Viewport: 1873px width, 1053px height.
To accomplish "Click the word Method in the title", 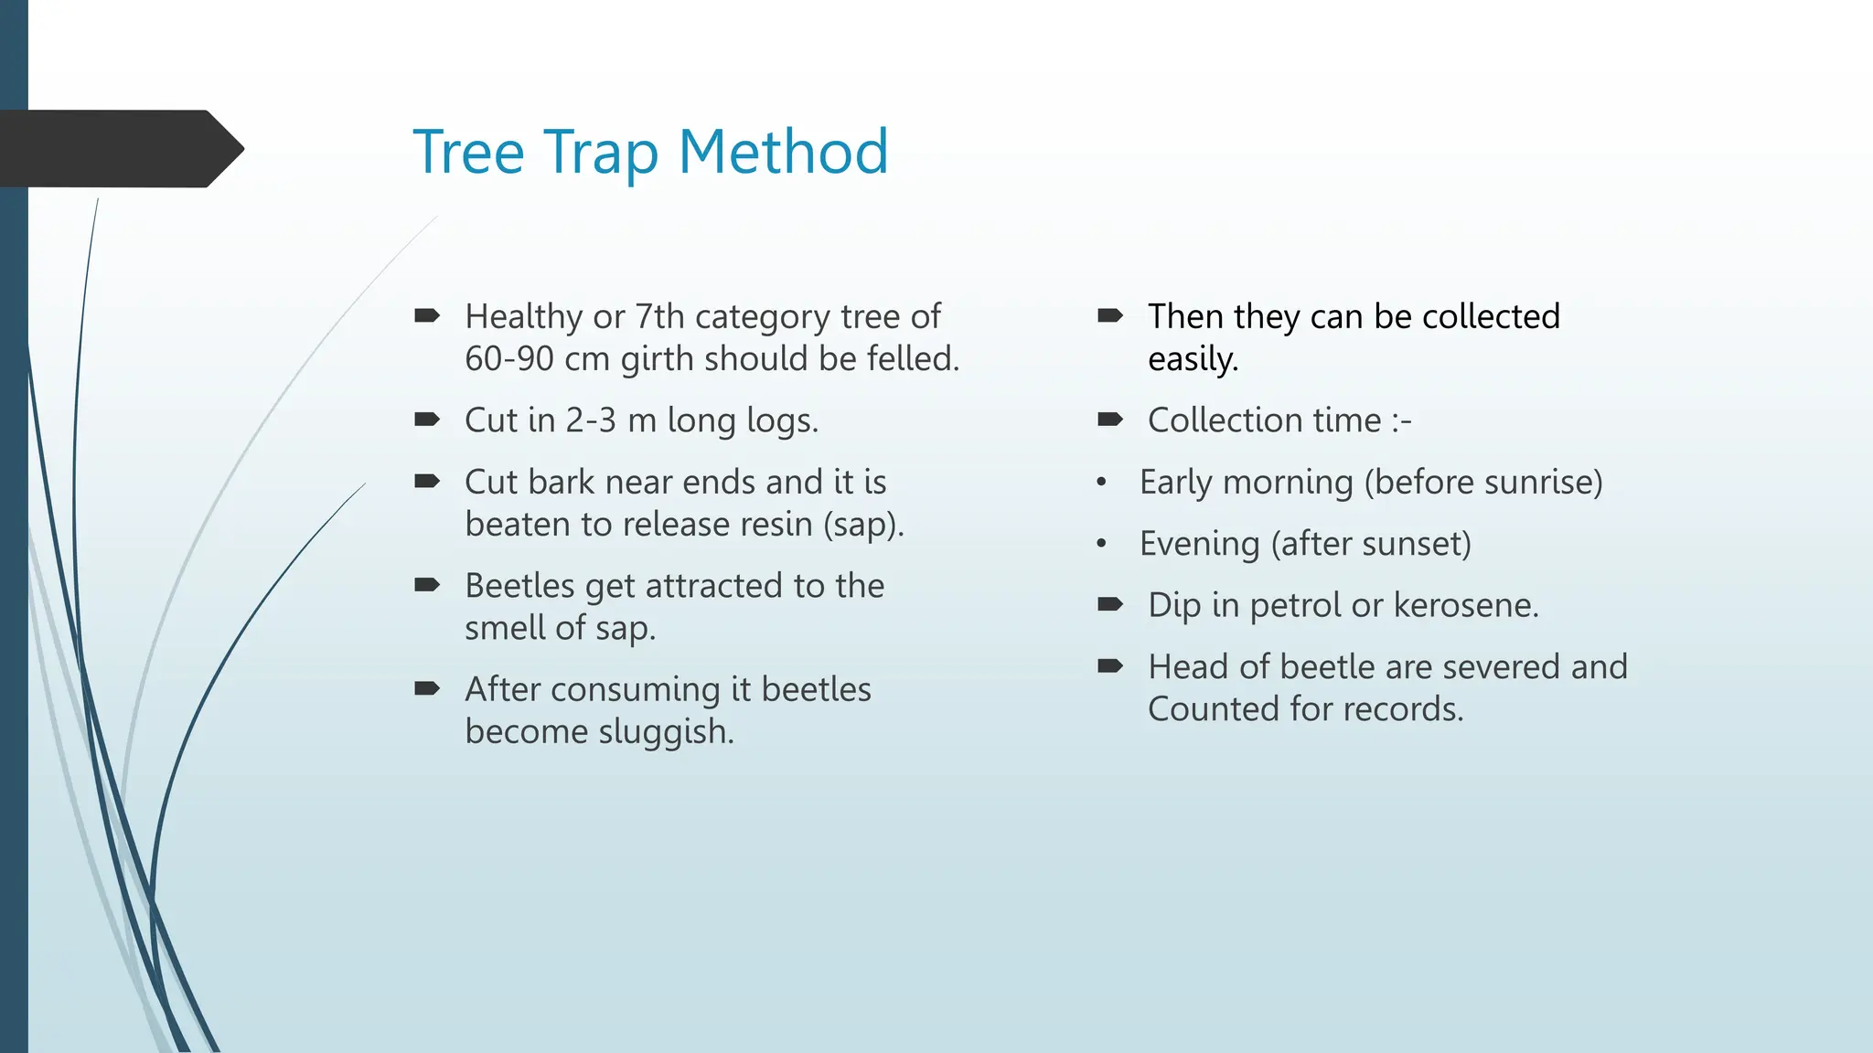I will (783, 152).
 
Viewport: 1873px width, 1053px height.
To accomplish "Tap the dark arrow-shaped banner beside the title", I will (119, 149).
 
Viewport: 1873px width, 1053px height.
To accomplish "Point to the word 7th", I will (659, 317).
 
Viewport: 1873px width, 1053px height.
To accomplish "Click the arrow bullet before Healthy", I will (427, 316).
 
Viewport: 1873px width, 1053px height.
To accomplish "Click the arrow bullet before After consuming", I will (427, 688).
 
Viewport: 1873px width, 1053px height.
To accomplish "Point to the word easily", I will (1193, 359).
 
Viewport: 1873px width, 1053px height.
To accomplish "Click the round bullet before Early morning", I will (1102, 483).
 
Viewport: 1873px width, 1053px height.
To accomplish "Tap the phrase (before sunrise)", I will (1482, 483).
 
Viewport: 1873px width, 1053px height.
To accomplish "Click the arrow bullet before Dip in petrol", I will (1110, 604).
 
